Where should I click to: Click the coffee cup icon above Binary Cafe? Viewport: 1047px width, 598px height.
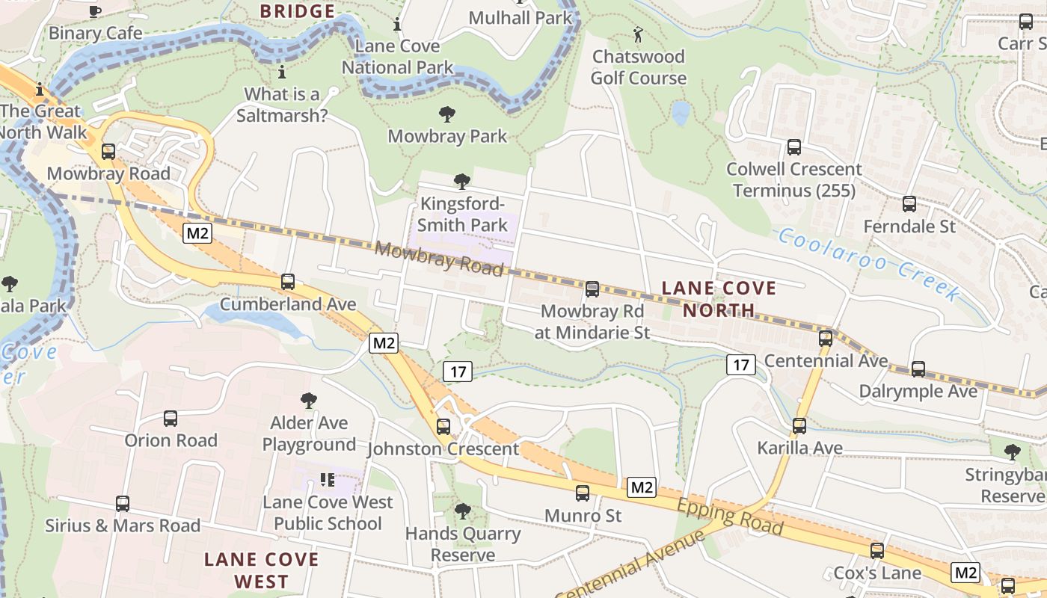[x=95, y=11]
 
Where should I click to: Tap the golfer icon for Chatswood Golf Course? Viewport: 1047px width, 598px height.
[x=638, y=34]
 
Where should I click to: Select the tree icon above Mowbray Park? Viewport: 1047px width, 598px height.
[x=447, y=114]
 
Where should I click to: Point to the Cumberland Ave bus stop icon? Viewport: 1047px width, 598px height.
[x=288, y=282]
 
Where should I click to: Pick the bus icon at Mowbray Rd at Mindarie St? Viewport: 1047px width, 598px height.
[x=592, y=289]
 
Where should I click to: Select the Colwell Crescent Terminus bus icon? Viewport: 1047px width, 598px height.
[x=794, y=147]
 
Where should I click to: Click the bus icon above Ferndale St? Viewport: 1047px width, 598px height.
[x=909, y=203]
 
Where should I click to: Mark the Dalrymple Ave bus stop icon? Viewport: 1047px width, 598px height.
[x=918, y=369]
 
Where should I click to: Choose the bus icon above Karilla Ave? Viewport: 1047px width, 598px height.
[x=799, y=426]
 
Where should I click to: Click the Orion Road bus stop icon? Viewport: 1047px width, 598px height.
[x=171, y=419]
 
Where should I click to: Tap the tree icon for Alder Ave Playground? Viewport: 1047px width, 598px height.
[x=309, y=401]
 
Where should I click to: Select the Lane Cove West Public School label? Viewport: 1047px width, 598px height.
[x=328, y=512]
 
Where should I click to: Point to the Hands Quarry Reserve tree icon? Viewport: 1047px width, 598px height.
[x=463, y=511]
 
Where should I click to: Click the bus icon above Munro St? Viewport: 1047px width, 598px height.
[x=583, y=493]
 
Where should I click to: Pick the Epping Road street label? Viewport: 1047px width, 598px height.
[x=730, y=517]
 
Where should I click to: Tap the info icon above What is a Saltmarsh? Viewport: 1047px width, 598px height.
[x=282, y=73]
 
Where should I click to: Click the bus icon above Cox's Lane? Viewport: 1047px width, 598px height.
[x=877, y=551]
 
